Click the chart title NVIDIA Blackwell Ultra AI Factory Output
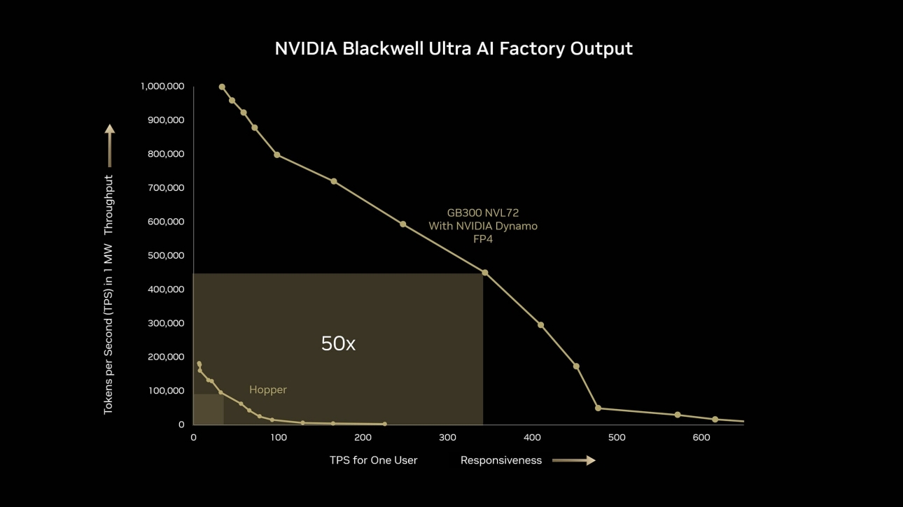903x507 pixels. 453,49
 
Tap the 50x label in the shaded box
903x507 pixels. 338,343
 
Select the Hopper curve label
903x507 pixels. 268,390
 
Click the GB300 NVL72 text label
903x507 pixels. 483,213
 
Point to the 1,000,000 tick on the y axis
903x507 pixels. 162,87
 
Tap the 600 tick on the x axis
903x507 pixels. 701,438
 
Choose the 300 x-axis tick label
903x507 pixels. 447,438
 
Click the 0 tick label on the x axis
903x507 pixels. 193,438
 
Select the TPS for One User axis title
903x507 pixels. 373,460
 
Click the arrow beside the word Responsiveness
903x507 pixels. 573,460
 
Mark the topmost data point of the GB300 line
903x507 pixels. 222,87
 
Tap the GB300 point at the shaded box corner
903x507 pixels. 484,273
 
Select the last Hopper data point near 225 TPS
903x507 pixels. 384,424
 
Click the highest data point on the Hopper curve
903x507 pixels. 199,364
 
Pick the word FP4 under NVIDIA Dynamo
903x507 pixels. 483,239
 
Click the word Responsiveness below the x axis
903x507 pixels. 501,460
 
